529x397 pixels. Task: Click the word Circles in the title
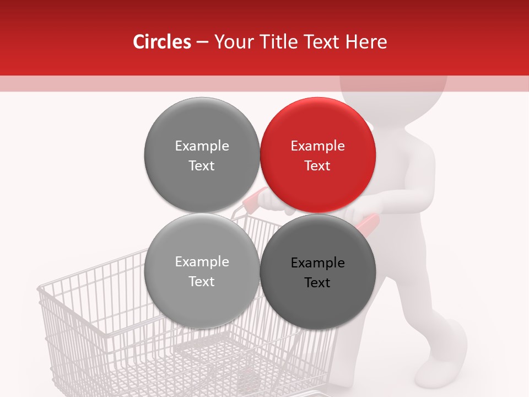(161, 42)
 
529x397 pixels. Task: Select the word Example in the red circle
(317, 146)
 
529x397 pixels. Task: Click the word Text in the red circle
(317, 166)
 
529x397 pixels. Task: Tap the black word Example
(317, 263)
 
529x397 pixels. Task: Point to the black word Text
(317, 283)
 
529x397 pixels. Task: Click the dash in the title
(202, 42)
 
